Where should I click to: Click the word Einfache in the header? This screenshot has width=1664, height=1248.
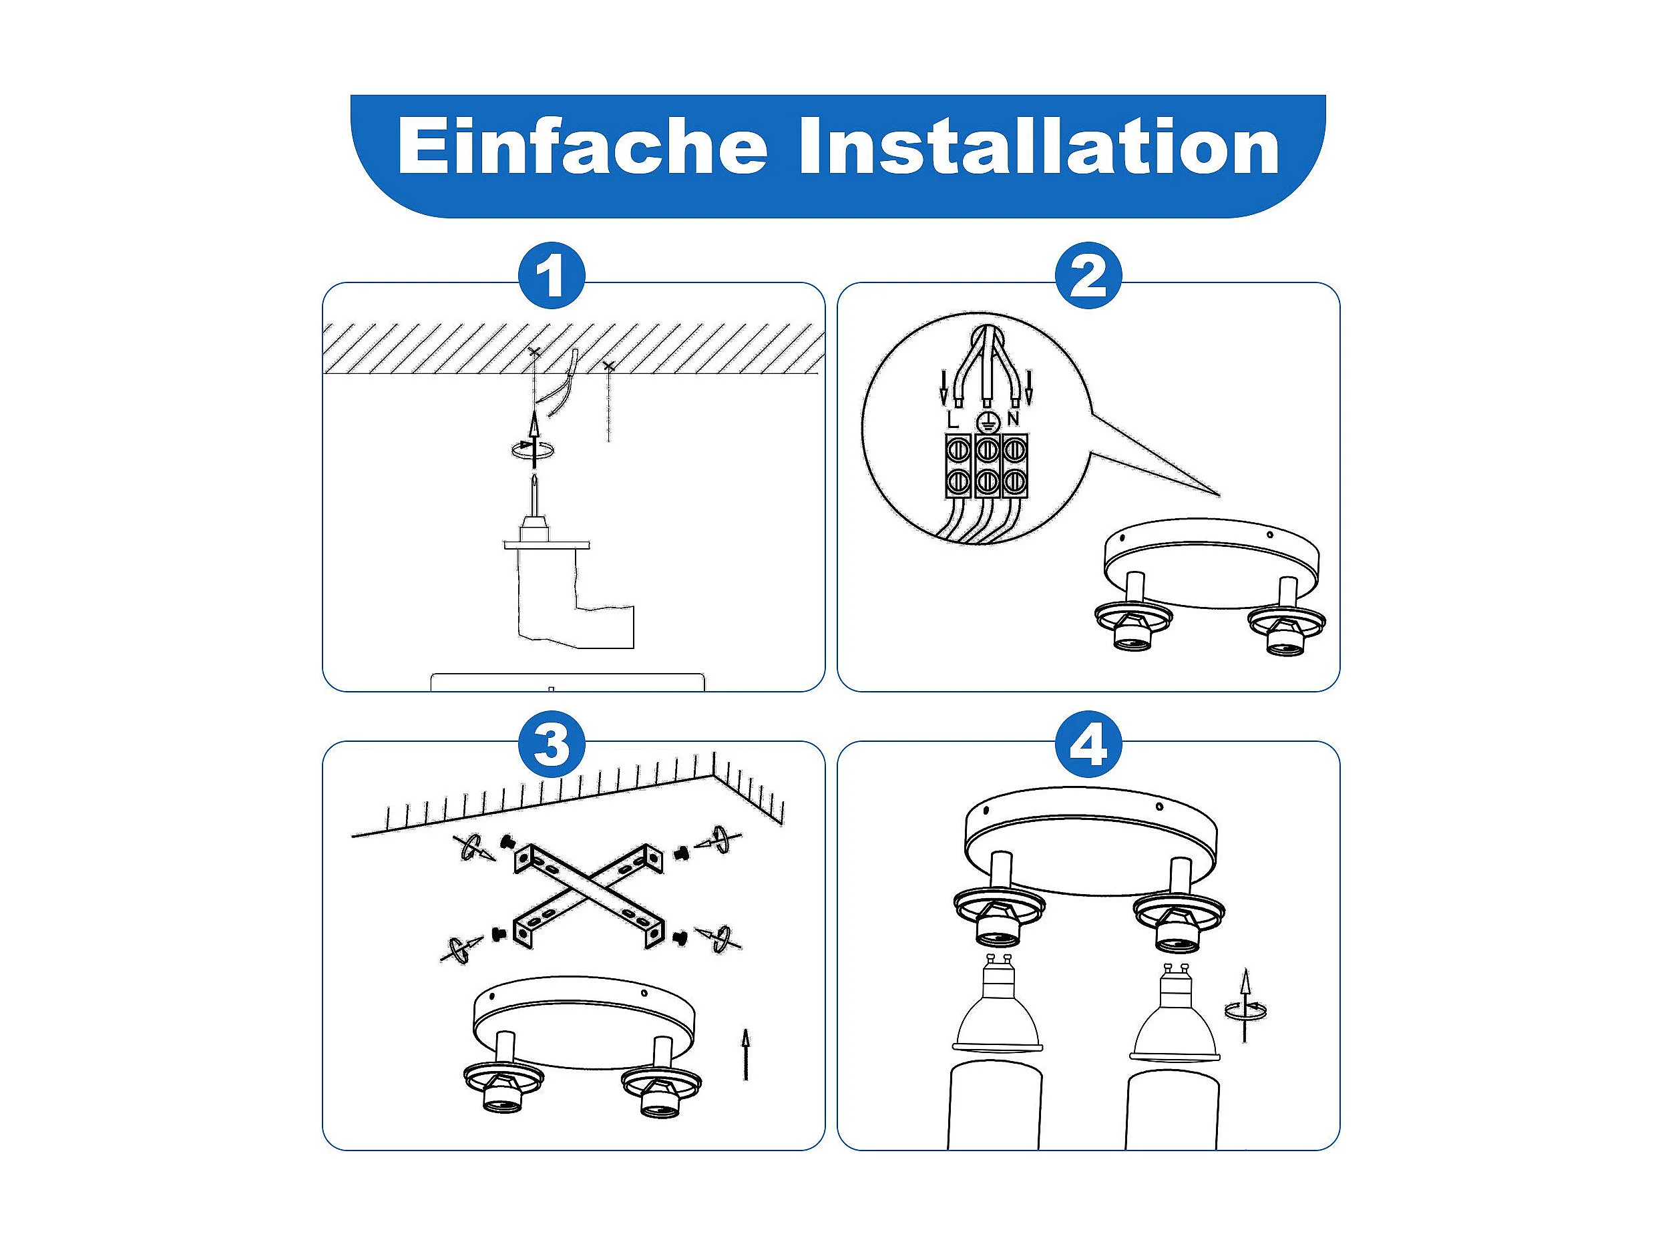coord(582,146)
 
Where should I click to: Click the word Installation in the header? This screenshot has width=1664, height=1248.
coord(1039,146)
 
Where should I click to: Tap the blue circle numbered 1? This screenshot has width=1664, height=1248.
coord(552,275)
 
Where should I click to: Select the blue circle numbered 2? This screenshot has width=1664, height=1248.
coord(1088,275)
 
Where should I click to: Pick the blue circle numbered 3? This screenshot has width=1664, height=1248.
coord(552,745)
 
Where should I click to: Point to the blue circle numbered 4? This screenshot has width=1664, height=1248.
coord(1088,745)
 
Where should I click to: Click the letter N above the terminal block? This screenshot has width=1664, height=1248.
coord(1014,418)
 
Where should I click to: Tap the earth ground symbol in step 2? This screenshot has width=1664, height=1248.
coord(986,422)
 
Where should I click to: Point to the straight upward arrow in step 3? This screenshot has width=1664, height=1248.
coord(745,1054)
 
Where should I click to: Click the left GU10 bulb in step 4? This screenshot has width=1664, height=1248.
coord(997,1004)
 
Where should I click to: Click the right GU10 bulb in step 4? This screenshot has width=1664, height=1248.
coord(1176,1012)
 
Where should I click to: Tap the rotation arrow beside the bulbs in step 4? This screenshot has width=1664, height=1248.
coord(1246,1010)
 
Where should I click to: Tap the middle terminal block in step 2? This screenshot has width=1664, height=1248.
coord(987,465)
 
